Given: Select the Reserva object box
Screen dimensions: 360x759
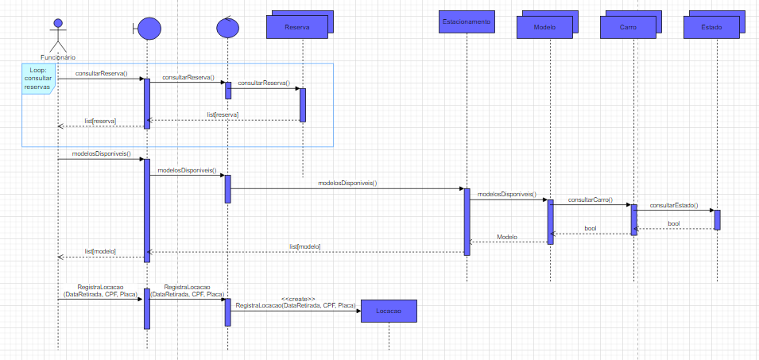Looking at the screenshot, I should tap(296, 28).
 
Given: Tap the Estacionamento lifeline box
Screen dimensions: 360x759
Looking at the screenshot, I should tap(467, 22).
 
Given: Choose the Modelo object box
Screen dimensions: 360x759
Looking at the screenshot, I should tap(544, 28).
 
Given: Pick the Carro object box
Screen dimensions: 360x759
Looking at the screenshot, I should tap(628, 28).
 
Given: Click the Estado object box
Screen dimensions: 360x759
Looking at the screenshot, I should tap(711, 28).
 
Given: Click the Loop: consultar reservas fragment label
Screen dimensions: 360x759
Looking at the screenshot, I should tap(37, 79).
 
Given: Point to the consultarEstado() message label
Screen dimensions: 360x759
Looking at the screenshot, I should tap(673, 205).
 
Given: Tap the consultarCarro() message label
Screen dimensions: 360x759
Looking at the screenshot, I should tap(590, 199).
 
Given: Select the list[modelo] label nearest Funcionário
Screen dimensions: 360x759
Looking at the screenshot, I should tap(100, 251).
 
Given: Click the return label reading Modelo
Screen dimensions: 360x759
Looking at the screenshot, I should tap(507, 237).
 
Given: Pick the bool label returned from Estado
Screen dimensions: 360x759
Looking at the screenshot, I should tap(673, 224).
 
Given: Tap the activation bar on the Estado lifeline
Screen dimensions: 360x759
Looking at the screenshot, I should tap(717, 219).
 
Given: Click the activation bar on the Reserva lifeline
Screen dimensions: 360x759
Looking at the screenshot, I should tap(302, 104).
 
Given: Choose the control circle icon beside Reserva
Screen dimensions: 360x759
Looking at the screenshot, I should tap(227, 27).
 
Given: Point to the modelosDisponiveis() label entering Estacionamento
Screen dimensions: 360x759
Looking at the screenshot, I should tap(347, 183).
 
